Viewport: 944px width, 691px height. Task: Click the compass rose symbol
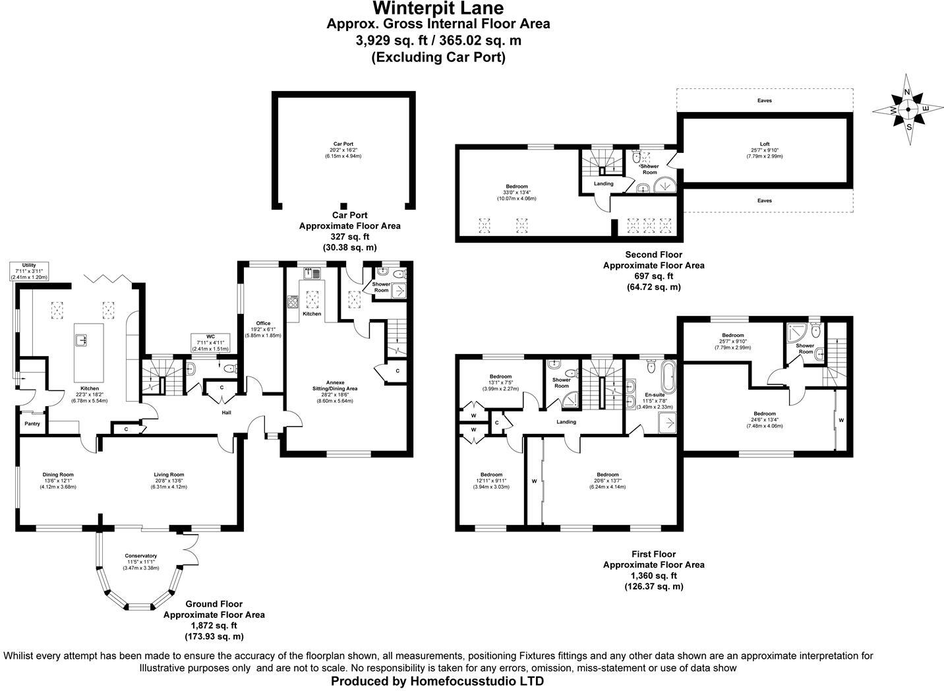(x=908, y=109)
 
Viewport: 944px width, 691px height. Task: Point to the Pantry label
(x=32, y=424)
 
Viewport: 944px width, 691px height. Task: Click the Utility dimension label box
(x=29, y=271)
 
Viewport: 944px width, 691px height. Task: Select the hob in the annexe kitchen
(x=293, y=303)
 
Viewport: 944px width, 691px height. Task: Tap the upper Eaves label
(x=764, y=101)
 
